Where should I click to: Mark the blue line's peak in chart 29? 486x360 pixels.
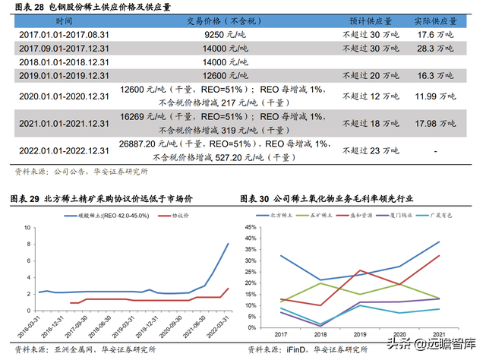229,243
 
